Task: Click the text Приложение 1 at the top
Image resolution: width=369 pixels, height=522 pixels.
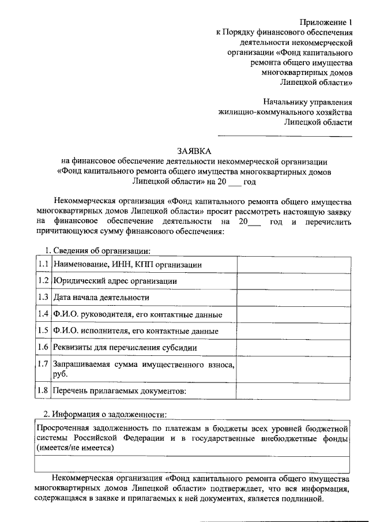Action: pos(326,23)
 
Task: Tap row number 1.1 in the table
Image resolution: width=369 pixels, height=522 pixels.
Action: pos(42,264)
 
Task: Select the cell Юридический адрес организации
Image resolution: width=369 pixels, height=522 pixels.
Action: pos(115,281)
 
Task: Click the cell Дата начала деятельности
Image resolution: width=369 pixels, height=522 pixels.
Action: pos(101,298)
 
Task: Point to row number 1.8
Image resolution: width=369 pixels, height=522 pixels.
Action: pos(42,391)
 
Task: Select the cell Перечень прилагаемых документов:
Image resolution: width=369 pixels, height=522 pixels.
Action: pos(119,391)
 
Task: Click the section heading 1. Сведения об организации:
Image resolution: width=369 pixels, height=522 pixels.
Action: pos(97,251)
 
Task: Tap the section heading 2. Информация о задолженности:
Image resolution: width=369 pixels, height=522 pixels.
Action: pos(106,415)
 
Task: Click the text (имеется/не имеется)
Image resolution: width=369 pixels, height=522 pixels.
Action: pos(75,447)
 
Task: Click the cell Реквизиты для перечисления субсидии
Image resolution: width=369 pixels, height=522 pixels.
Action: pos(125,348)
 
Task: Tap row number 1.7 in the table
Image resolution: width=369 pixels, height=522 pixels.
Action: pos(42,365)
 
